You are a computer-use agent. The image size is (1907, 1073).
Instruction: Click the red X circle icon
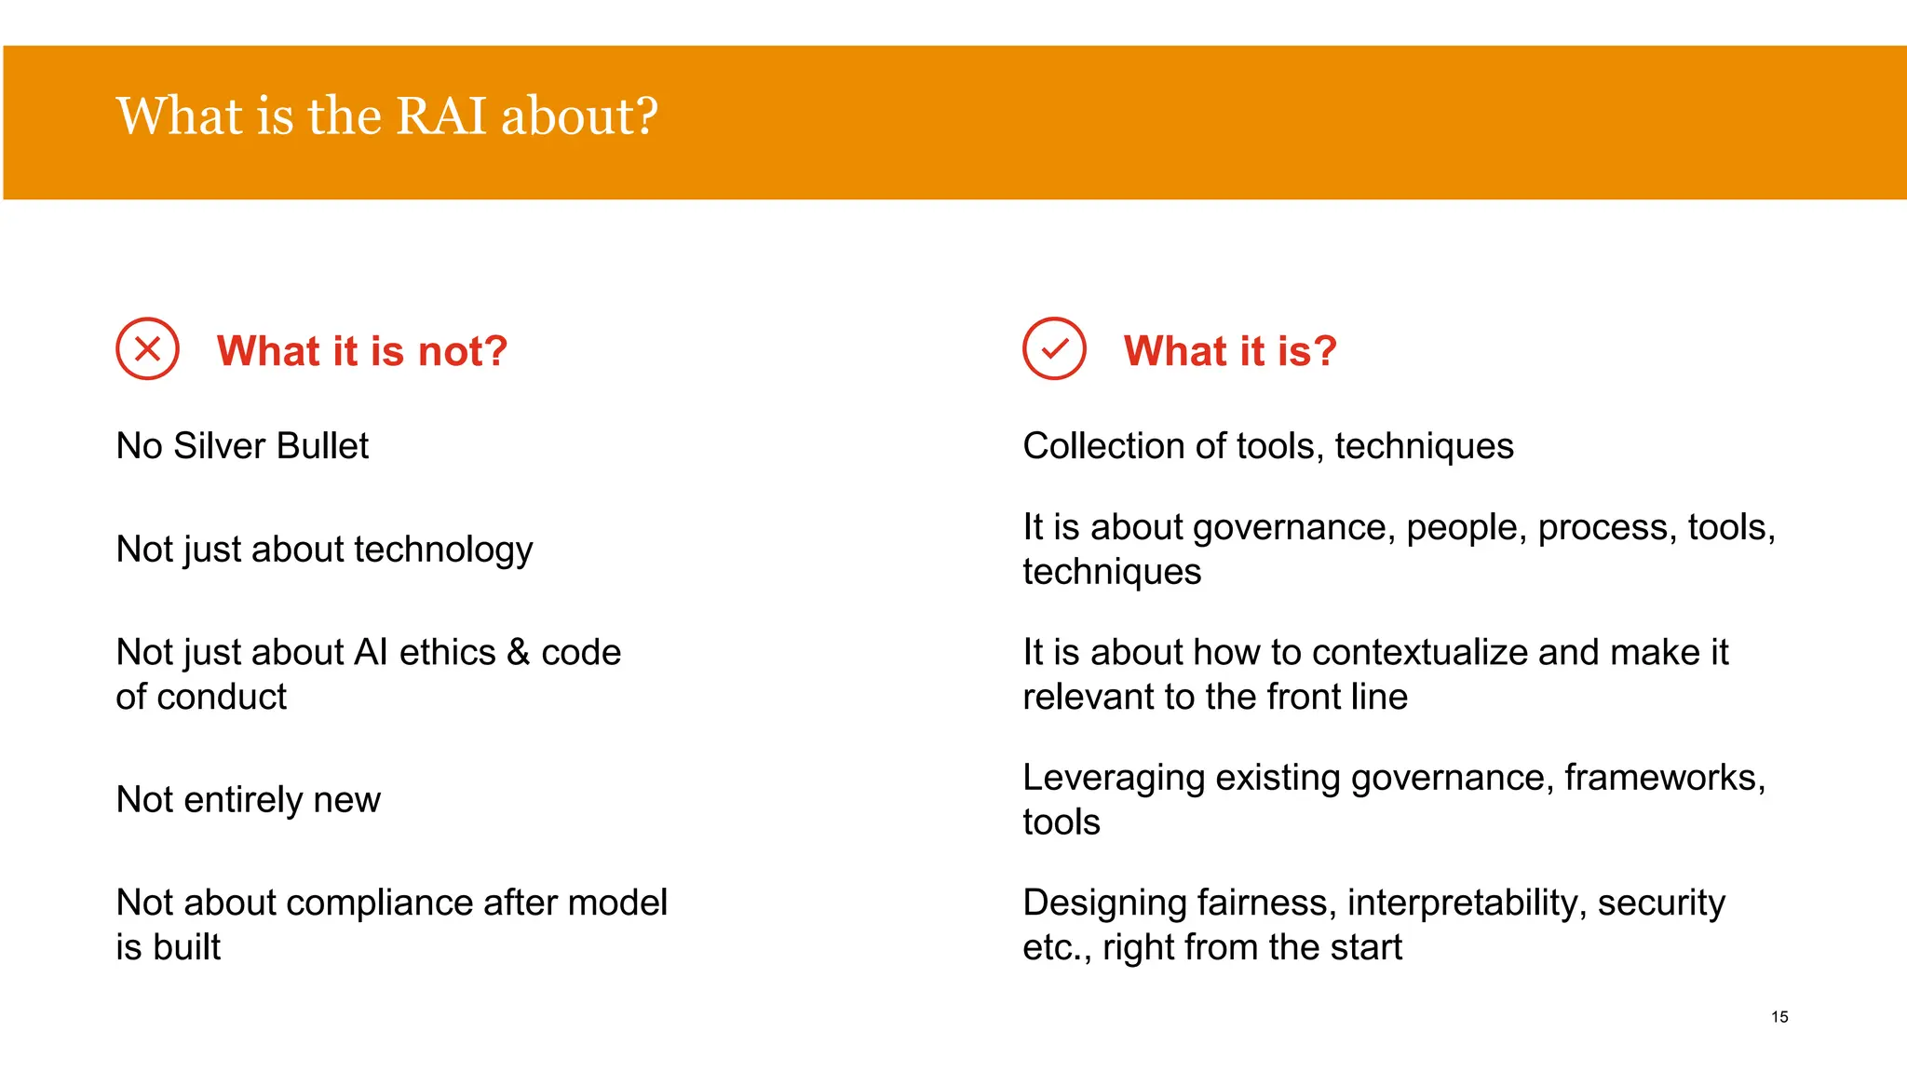pyautogui.click(x=147, y=349)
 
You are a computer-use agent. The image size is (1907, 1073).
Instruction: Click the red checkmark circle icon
pyautogui.click(x=1054, y=349)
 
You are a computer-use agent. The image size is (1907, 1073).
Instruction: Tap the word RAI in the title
pyautogui.click(x=441, y=116)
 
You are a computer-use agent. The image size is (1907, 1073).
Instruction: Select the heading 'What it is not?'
pyautogui.click(x=361, y=351)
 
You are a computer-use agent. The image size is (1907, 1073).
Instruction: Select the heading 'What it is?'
pyautogui.click(x=1229, y=351)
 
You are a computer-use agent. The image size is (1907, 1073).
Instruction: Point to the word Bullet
pyautogui.click(x=322, y=446)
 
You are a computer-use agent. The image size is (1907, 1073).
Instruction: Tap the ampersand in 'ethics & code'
pyautogui.click(x=518, y=653)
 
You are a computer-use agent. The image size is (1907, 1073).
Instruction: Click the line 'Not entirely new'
pyautogui.click(x=248, y=800)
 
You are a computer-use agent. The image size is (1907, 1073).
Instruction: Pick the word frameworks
pyautogui.click(x=1659, y=778)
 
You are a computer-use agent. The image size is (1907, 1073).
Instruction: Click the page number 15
pyautogui.click(x=1779, y=1017)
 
